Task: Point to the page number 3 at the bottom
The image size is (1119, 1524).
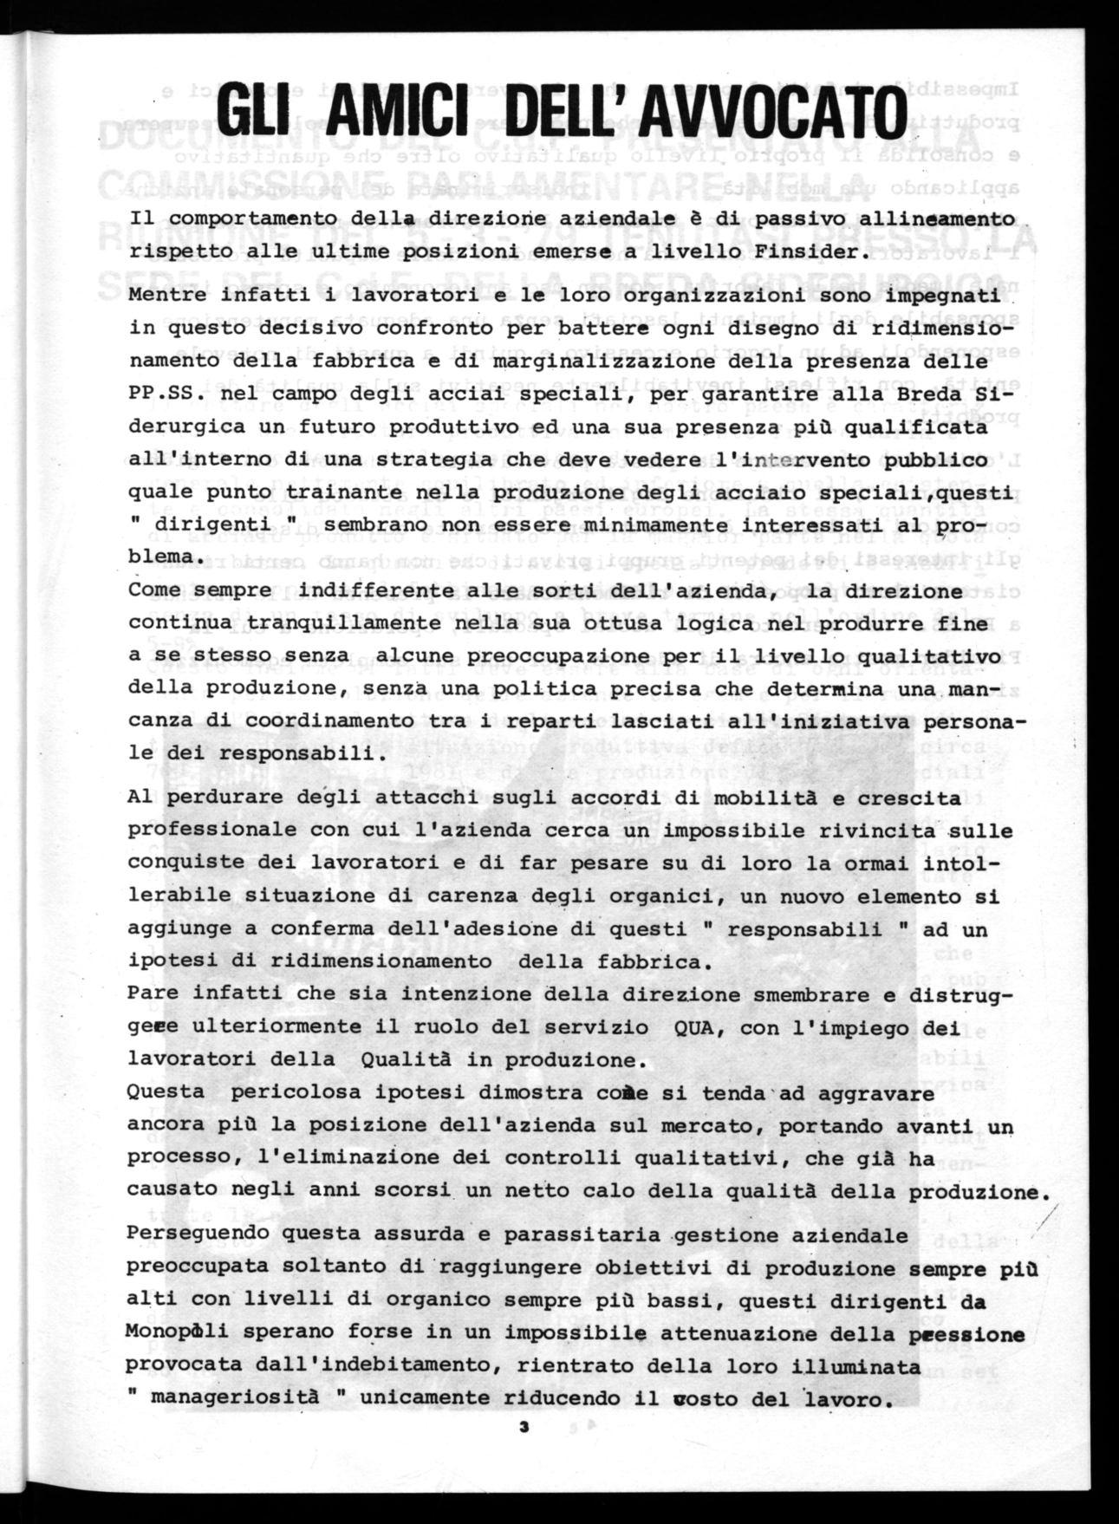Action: [x=524, y=1426]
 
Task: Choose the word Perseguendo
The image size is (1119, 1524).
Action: [x=192, y=1234]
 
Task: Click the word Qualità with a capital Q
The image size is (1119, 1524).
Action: [x=409, y=1059]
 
